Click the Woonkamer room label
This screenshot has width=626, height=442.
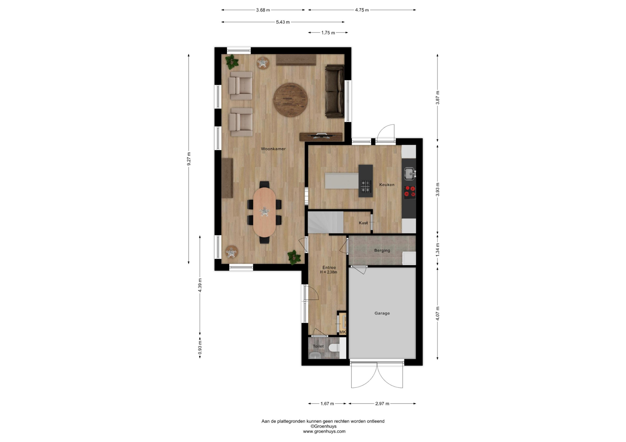273,149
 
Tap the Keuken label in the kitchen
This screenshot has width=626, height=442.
387,185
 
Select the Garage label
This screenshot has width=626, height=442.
382,313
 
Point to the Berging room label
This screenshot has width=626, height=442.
382,251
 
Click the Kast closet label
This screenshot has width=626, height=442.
363,223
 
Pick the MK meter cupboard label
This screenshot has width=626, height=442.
342,332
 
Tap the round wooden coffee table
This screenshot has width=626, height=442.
291,100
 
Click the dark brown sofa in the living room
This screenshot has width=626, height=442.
335,91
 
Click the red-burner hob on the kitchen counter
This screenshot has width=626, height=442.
410,191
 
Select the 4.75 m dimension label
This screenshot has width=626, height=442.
362,10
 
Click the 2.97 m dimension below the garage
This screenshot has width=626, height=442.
382,404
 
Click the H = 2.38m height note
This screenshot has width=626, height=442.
328,272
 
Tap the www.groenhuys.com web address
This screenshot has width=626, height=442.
324,431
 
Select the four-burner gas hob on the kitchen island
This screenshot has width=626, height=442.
366,186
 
